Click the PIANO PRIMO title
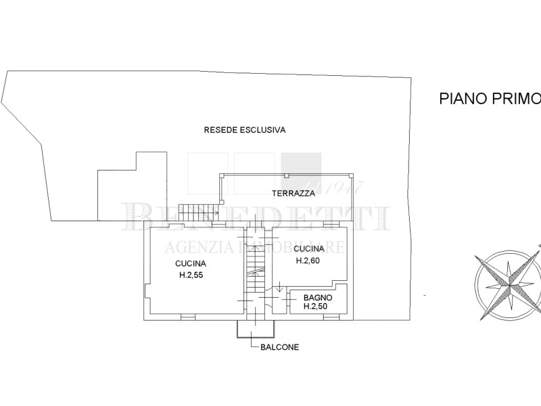pos(490,98)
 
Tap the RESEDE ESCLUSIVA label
pos(245,130)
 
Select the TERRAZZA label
pos(293,194)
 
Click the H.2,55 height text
pos(191,275)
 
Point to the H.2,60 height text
pos(308,261)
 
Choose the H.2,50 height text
pos(315,307)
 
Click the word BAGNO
pos(318,298)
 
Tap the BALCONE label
pos(279,347)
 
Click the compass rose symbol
pos(509,285)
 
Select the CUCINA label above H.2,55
pos(191,264)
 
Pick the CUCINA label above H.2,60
pos(309,248)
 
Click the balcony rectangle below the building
pos(256,329)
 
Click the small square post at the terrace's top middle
pos(286,176)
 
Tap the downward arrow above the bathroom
pos(279,286)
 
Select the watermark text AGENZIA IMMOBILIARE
pos(255,247)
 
